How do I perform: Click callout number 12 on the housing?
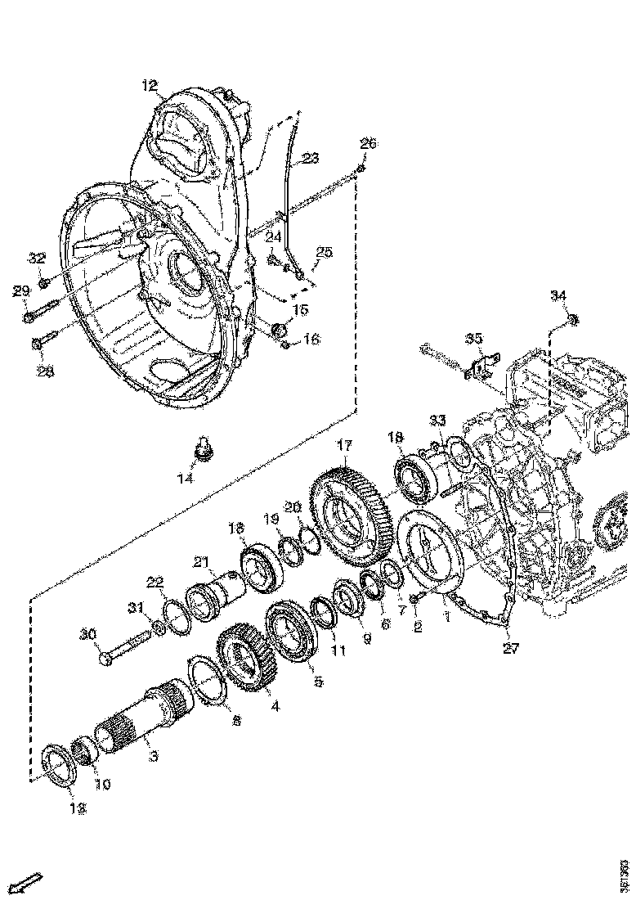coord(149,84)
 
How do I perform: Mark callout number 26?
coord(368,144)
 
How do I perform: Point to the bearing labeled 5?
coord(291,635)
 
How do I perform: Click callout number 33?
coord(438,420)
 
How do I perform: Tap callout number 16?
coord(312,340)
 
